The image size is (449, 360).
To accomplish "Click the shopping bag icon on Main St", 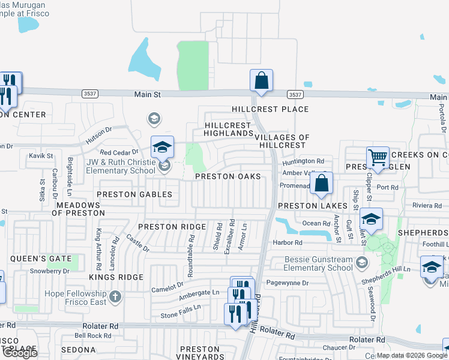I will tap(261, 80).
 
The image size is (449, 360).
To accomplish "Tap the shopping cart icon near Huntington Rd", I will tap(378, 158).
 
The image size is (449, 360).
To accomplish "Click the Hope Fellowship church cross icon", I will tap(115, 296).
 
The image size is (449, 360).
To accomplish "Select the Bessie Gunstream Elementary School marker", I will tap(362, 262).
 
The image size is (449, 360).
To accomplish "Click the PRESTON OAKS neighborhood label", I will tap(228, 176).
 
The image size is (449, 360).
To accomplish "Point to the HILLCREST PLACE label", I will tap(271, 109).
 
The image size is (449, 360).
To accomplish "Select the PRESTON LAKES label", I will tap(312, 205).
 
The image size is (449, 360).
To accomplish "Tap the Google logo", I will tap(19, 352).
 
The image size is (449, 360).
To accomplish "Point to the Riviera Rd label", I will tap(427, 205).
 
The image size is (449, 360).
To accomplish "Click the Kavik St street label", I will tap(41, 156).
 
